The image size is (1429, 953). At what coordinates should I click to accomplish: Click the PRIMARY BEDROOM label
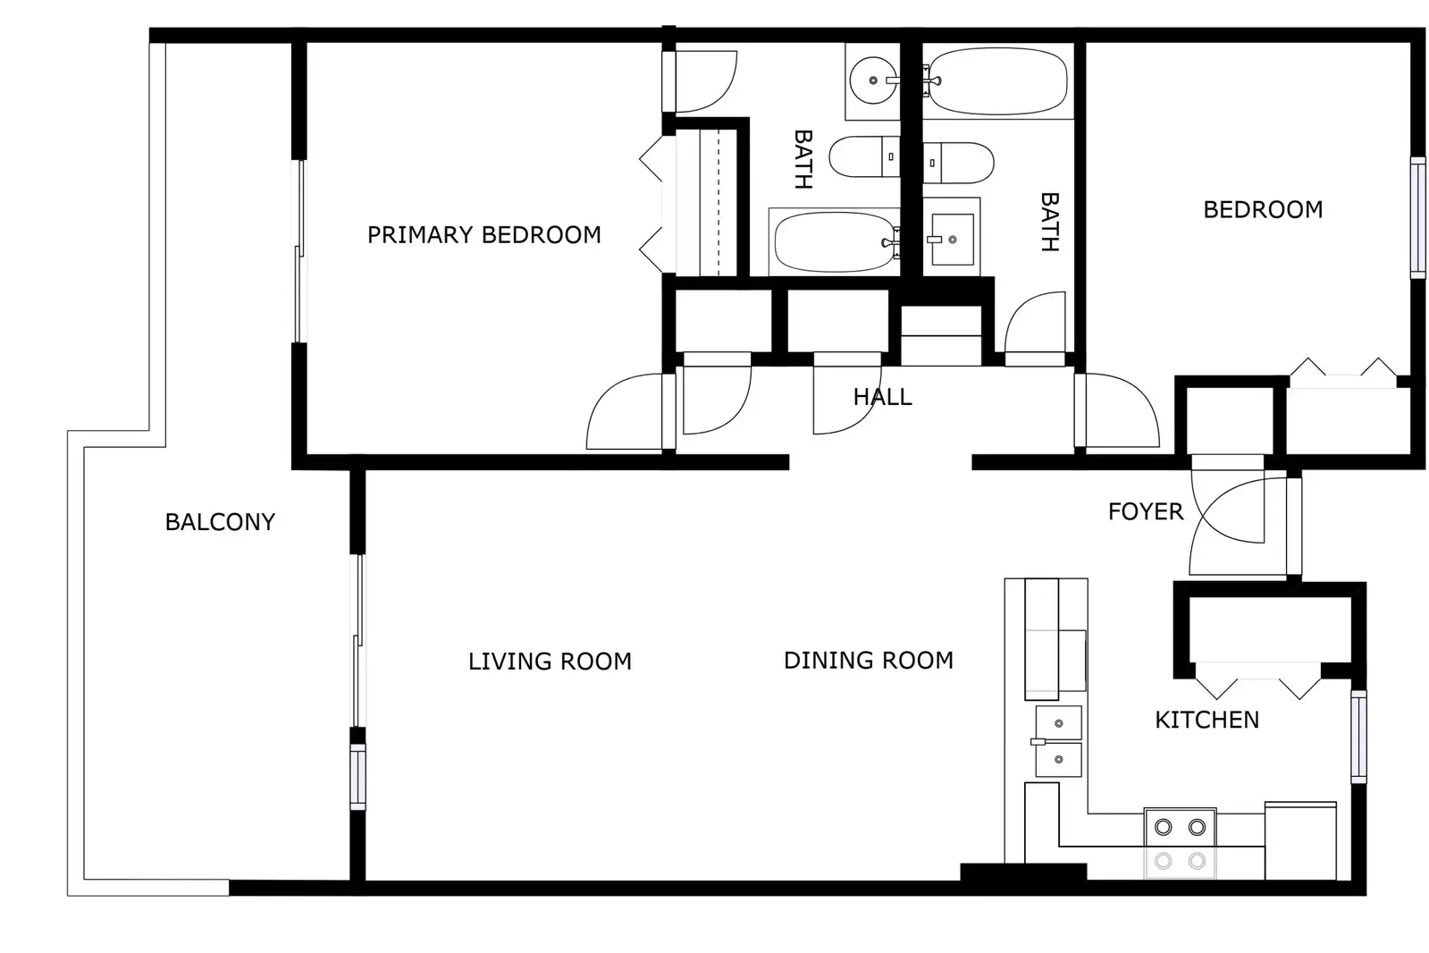pos(483,235)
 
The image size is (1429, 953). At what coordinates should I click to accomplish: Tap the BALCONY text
pos(220,522)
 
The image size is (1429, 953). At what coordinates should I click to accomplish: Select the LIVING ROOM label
pos(550,662)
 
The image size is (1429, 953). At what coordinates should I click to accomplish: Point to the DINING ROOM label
pos(868,661)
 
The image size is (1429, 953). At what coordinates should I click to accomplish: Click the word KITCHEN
pos(1206,720)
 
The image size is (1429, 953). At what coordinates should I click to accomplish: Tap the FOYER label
pos(1145,511)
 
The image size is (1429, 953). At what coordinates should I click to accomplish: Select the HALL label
pos(882,397)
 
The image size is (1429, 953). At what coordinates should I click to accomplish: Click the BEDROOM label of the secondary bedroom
pos(1262,210)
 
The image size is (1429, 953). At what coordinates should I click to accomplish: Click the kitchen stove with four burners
pos(1180,843)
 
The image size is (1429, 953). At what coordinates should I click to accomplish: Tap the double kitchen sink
pos(1058,741)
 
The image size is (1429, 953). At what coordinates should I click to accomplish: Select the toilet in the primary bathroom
pos(864,157)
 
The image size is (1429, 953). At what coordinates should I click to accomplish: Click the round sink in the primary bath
pos(873,80)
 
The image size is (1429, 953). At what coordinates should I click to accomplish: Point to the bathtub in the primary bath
pos(835,241)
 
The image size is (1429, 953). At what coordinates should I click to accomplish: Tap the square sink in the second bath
pos(952,239)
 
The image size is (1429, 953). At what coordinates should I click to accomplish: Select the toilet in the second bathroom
pos(959,163)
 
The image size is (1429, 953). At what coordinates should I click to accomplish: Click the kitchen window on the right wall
pos(1358,737)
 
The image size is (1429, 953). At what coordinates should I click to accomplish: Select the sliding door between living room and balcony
pos(357,641)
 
